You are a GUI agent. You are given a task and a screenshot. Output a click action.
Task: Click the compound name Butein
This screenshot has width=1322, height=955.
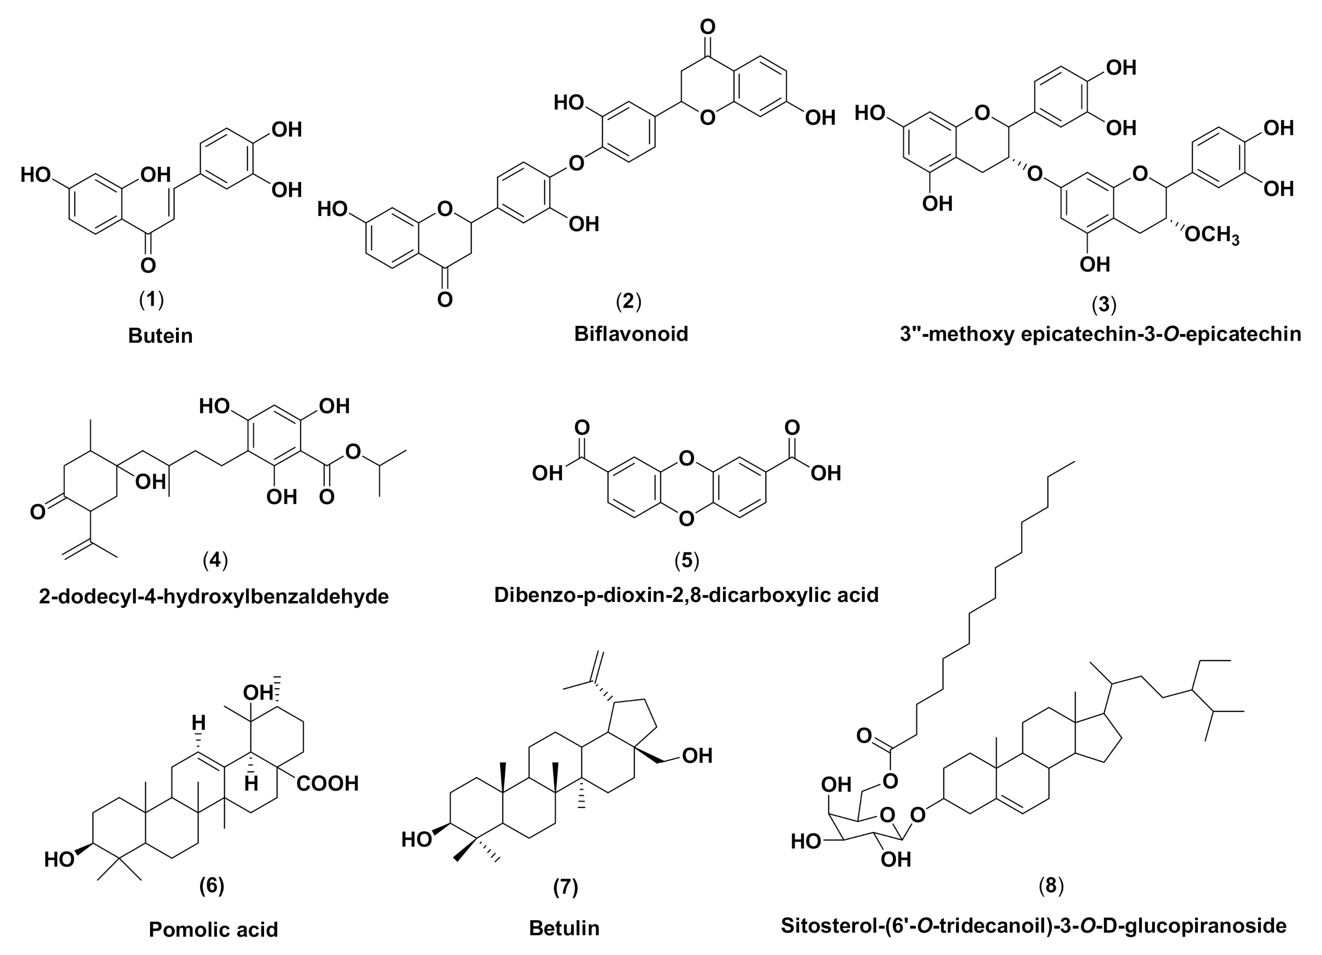[x=160, y=336]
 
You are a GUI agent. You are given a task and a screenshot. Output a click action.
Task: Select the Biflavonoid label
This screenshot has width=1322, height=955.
[x=631, y=334]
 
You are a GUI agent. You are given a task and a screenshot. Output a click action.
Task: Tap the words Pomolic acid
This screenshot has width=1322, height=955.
[x=214, y=929]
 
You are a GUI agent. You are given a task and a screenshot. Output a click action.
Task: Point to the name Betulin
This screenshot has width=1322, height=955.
[x=564, y=928]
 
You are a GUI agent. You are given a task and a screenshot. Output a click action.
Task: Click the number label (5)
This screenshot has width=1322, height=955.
[x=686, y=560]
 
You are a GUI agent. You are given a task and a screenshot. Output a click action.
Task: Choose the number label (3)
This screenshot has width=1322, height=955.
[x=1103, y=304]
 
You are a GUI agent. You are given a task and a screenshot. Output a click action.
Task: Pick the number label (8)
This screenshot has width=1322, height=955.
[x=1051, y=885]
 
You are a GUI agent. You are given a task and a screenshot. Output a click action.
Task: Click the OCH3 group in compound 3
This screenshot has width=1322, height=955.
[x=1212, y=235]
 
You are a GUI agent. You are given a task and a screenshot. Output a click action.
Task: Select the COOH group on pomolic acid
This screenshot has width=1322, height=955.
[x=327, y=783]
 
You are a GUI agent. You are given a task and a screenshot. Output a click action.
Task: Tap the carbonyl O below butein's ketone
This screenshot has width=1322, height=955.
[x=148, y=266]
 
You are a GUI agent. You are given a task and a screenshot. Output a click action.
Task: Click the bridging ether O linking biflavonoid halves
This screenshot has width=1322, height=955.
[x=576, y=163]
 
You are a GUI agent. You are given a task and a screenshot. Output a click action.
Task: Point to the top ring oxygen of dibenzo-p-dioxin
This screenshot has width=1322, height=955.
[x=686, y=458]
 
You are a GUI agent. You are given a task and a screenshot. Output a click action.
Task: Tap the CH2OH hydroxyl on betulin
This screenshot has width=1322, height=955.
[x=697, y=756]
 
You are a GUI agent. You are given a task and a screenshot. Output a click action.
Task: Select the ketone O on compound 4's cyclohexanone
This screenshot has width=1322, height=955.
[x=38, y=512]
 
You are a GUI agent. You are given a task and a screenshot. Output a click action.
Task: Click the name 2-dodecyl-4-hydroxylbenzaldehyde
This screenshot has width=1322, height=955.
[x=214, y=596]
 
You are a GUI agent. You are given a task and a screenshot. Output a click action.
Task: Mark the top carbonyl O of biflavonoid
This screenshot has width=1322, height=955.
[x=708, y=27]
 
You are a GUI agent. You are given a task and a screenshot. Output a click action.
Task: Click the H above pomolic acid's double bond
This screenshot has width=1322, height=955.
[x=198, y=723]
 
